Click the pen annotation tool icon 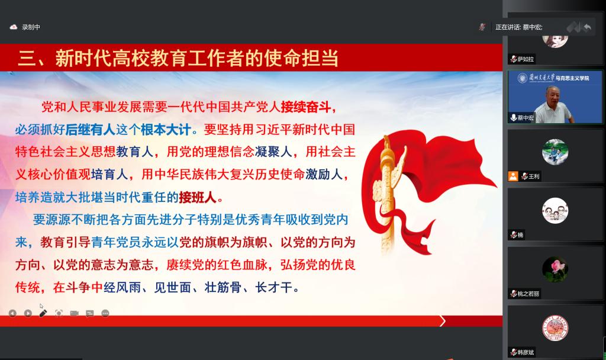click(43, 313)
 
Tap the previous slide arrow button click(13, 313)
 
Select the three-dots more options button click(105, 313)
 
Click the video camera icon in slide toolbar click(74, 313)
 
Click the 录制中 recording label click(31, 27)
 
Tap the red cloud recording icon click(14, 27)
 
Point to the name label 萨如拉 click(526, 59)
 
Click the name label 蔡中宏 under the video click(526, 118)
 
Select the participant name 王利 click(534, 176)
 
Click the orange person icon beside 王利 click(513, 176)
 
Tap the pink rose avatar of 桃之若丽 click(555, 269)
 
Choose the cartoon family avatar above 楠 click(555, 211)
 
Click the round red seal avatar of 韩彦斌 click(555, 328)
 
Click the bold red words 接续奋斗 click(306, 107)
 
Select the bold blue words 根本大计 click(166, 130)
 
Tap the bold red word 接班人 click(198, 198)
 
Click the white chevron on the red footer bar click(443, 321)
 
